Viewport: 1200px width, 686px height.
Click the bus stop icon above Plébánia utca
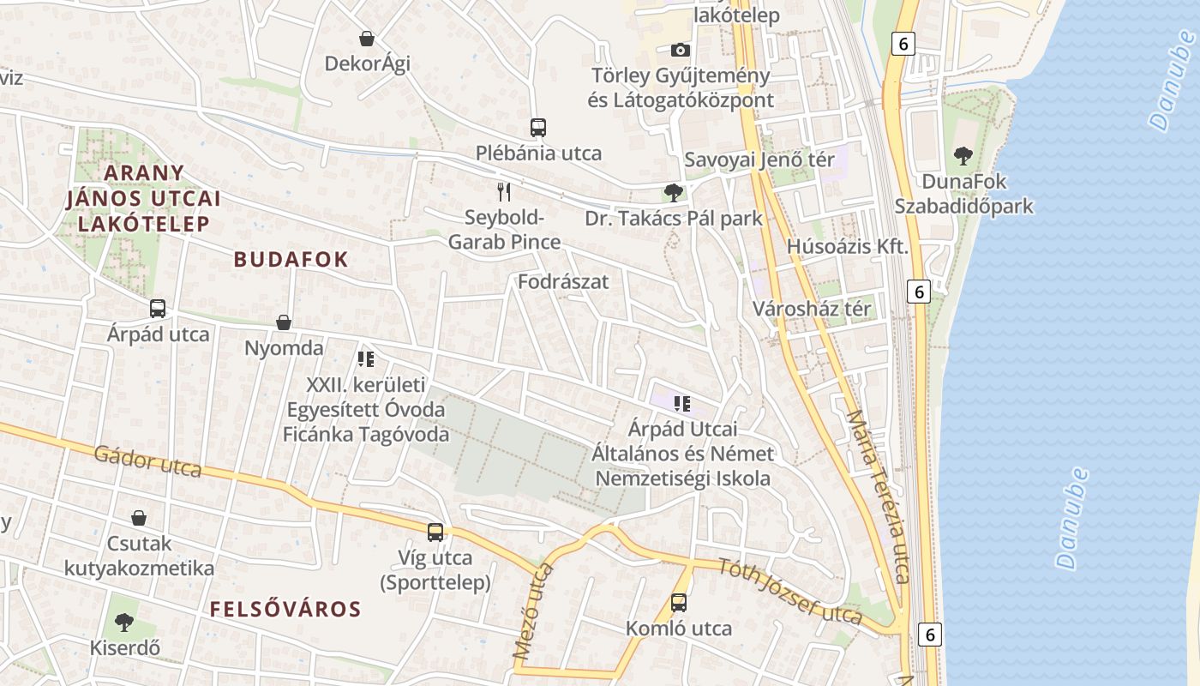538,128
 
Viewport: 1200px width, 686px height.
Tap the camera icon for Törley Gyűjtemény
681,50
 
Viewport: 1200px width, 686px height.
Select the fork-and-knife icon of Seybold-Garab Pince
504,191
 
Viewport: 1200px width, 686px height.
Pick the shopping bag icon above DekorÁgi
367,39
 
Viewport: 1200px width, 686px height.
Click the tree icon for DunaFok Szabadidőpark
963,156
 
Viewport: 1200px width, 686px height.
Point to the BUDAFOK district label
291,260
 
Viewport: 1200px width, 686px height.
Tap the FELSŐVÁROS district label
285,610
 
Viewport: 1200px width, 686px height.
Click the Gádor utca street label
147,461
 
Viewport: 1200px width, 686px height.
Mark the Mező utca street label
533,611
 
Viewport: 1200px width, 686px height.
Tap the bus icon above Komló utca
679,603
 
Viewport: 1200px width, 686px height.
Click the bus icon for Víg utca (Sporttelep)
435,533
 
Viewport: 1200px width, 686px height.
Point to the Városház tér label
812,309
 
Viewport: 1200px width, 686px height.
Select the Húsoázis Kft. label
847,247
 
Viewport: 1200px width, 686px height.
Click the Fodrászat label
563,281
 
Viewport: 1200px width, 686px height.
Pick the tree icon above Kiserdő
124,622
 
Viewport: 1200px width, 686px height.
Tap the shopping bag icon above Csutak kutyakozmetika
139,518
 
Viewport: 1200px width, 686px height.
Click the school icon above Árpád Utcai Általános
682,403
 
